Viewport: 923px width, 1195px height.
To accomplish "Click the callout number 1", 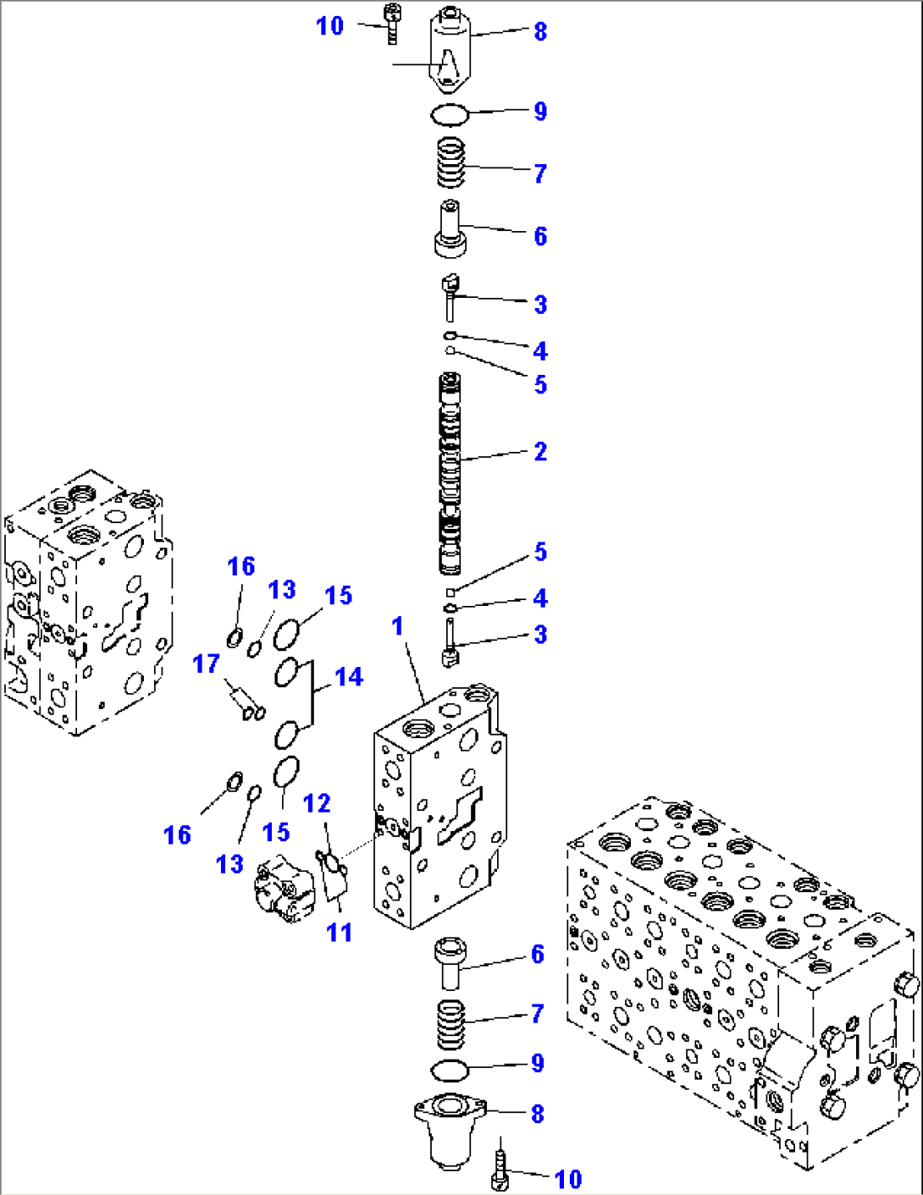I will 397,626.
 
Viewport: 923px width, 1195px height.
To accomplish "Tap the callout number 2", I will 540,451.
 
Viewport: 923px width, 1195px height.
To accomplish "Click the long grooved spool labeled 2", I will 450,474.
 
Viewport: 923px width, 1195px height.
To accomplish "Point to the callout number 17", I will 206,664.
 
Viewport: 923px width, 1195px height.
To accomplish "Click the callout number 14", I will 348,677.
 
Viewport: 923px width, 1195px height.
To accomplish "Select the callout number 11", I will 339,932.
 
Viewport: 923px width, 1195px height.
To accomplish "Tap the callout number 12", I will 317,803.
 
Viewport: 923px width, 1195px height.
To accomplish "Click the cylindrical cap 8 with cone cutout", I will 450,51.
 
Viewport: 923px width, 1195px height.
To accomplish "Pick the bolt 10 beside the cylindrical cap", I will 391,24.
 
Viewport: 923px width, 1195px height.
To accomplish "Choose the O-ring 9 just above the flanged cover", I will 449,1070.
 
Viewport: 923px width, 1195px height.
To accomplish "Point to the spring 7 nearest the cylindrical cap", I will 450,162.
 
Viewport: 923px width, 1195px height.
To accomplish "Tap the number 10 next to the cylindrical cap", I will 329,26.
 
